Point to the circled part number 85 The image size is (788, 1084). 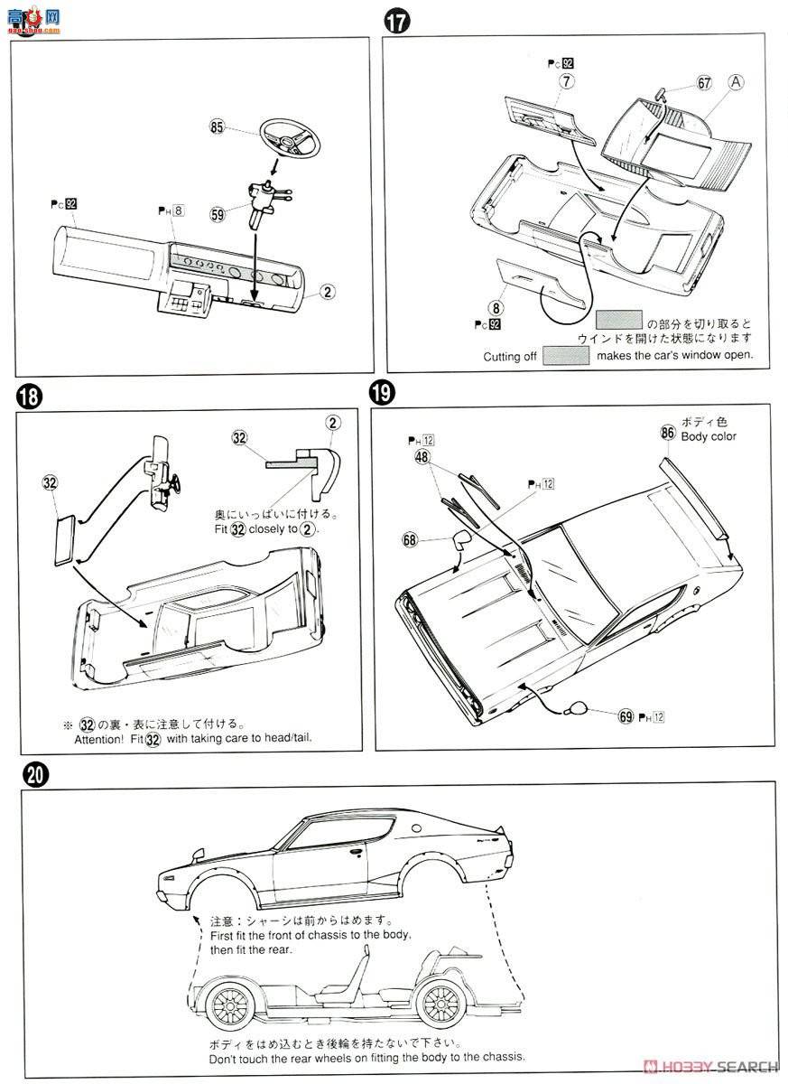(x=217, y=128)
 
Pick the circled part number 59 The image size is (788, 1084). (x=217, y=215)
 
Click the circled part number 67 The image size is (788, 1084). (x=704, y=83)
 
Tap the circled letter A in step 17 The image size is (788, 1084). (x=737, y=82)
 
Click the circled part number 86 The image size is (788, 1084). (x=667, y=432)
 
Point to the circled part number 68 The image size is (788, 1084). (x=411, y=539)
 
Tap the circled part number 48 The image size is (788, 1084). (x=422, y=458)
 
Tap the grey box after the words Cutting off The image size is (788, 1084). (x=566, y=356)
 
